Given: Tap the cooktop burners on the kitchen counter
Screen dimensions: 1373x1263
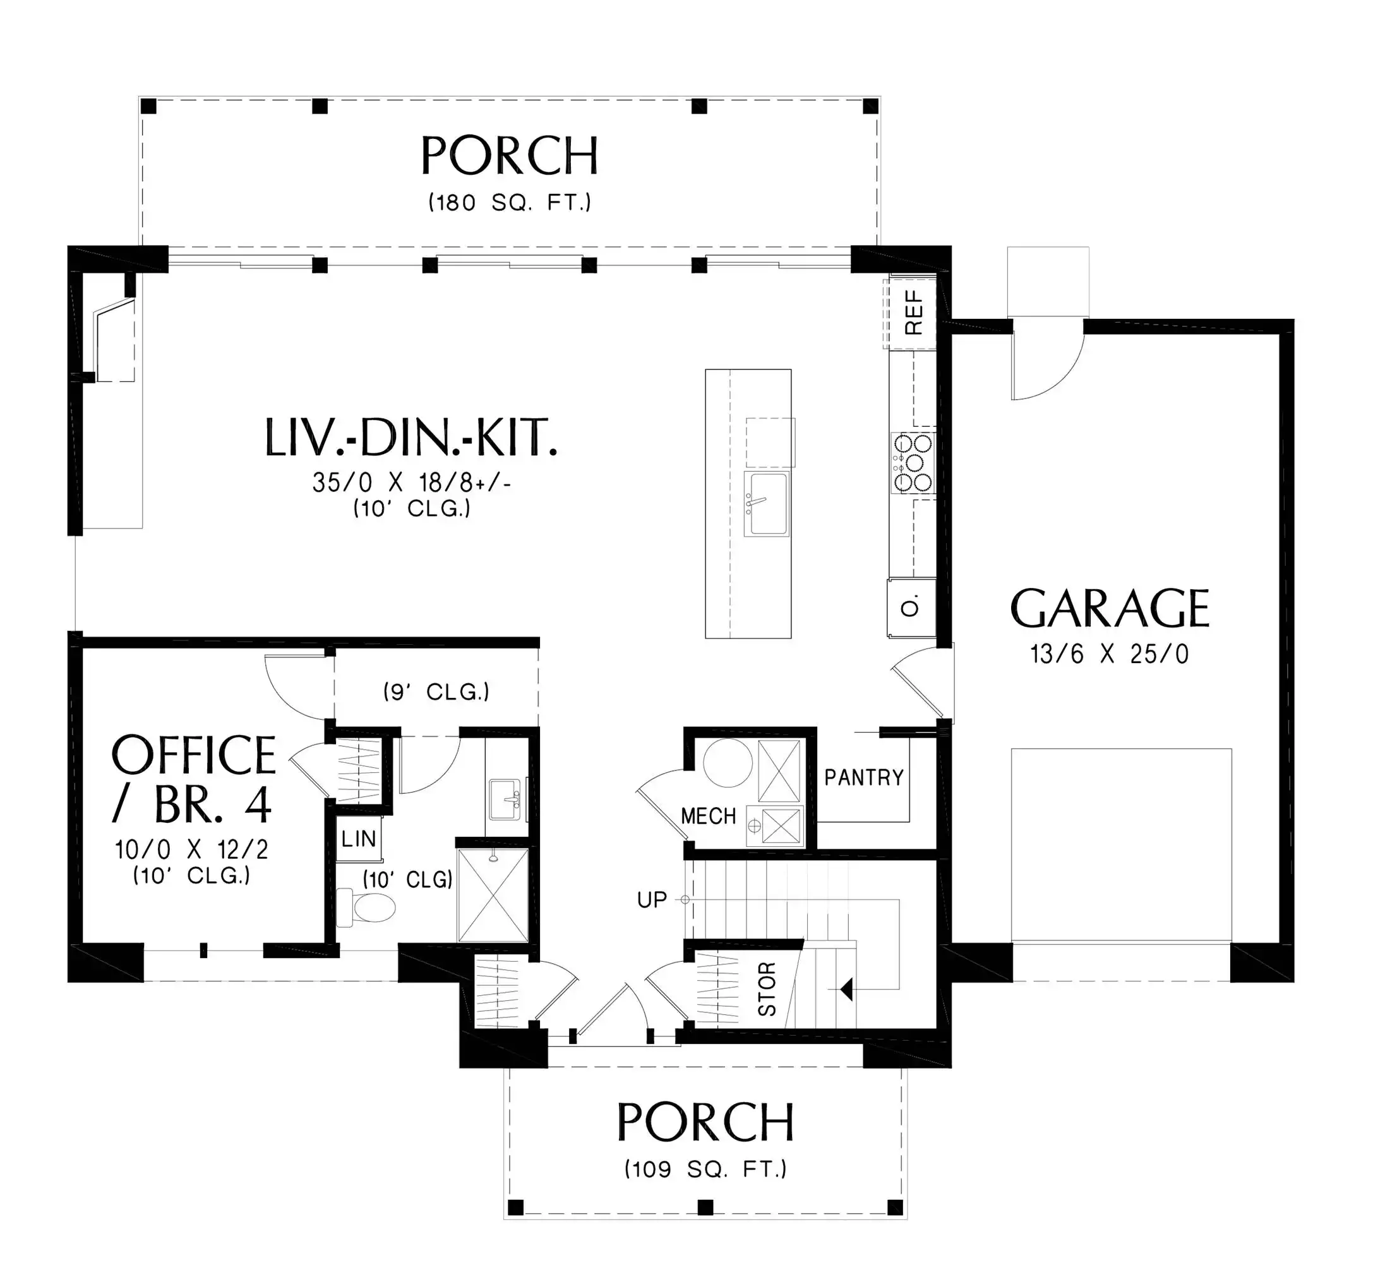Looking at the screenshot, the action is point(913,464).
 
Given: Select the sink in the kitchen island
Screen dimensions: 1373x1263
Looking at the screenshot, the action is point(767,503).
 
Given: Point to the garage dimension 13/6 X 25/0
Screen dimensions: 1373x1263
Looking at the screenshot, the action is point(1110,654).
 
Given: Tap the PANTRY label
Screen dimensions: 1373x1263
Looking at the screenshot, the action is point(864,777).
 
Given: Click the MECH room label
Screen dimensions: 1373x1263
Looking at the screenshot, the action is point(709,815).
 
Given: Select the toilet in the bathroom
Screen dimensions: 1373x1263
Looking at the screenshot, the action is point(366,907).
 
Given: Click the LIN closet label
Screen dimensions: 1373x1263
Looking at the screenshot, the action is point(359,839).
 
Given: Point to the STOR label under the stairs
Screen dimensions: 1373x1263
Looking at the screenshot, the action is point(767,989).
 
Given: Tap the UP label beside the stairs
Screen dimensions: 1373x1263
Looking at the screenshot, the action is point(652,900).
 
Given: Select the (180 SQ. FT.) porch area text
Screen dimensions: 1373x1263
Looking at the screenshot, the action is point(510,202).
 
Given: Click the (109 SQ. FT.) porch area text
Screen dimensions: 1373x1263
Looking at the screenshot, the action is point(706,1169).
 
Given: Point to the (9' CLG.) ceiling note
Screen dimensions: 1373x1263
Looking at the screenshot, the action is point(436,691).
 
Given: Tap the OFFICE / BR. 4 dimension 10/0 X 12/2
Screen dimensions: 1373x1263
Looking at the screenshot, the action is point(192,849).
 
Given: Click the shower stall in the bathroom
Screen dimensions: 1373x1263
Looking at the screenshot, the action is point(493,895).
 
